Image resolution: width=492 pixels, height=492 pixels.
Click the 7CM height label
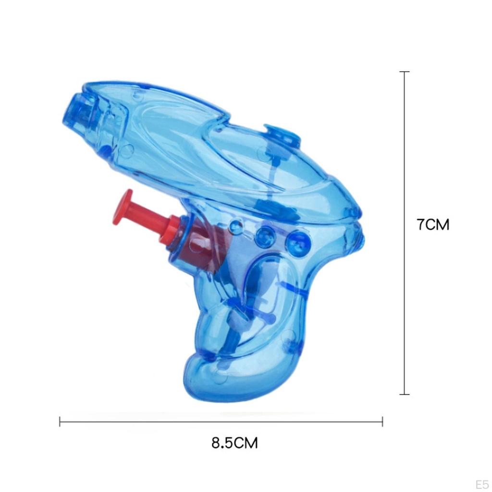point(433,225)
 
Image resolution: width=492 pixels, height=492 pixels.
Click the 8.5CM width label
point(234,443)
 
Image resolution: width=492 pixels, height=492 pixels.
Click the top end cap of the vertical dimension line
point(405,72)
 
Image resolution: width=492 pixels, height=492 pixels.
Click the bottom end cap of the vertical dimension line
point(405,394)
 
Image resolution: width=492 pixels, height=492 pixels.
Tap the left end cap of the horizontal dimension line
point(60,421)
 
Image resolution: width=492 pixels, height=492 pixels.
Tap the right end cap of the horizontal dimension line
point(382,421)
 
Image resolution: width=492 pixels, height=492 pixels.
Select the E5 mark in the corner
point(481,484)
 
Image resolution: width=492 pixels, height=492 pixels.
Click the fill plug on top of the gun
point(282,134)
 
